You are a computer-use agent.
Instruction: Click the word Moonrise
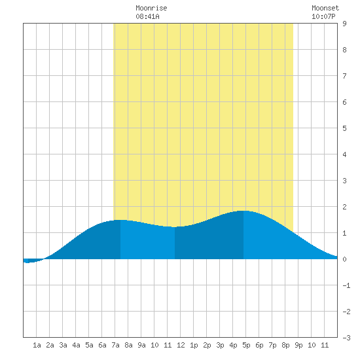coord(151,8)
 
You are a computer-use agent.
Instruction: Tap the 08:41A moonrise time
coord(147,16)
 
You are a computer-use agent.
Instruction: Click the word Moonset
coord(325,8)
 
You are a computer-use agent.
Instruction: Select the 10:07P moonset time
coord(323,16)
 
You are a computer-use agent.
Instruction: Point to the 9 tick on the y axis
coord(344,24)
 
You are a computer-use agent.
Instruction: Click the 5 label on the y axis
coord(344,128)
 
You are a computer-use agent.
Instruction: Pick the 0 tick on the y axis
coord(344,259)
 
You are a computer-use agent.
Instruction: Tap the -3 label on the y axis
coord(346,338)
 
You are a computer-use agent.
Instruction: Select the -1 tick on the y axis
coord(346,285)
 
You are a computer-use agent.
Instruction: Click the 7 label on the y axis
coord(344,76)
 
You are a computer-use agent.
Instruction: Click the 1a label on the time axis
coord(37,345)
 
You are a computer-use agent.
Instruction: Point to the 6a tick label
coord(102,345)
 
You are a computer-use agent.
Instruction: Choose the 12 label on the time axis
coord(181,345)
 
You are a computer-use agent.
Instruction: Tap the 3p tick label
coord(220,345)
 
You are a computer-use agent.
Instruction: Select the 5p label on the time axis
coord(246,345)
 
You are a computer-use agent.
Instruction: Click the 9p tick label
coord(298,345)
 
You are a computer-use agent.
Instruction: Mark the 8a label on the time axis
coord(128,345)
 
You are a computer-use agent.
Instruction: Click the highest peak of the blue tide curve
coord(243,211)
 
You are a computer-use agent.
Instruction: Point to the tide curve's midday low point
coord(175,227)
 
